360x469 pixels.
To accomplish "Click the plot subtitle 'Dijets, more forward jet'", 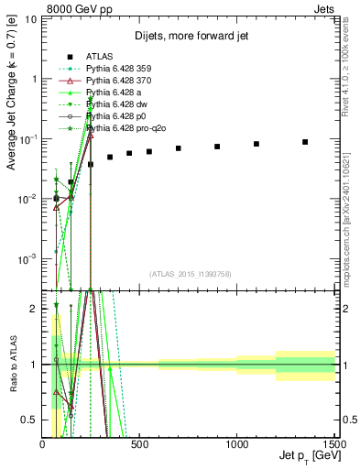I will click(x=190, y=35).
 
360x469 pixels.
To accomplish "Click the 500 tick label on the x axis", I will click(x=139, y=444).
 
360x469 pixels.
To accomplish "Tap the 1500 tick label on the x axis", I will click(x=333, y=444).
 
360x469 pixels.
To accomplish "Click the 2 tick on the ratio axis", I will click(x=36, y=309).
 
